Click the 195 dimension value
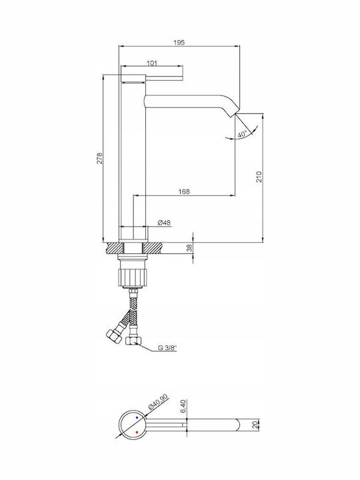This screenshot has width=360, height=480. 179,43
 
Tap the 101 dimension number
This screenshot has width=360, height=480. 152,63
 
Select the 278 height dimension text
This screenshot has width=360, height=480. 99,158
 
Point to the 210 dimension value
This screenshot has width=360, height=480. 259,177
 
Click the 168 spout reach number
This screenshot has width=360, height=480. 184,191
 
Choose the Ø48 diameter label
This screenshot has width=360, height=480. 164,223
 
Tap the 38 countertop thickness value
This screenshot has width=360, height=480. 190,247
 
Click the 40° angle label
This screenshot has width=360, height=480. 242,134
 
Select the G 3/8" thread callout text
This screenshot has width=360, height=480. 167,348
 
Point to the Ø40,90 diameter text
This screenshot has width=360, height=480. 158,402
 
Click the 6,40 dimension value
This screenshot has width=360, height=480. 183,407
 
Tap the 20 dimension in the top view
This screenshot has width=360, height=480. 254,425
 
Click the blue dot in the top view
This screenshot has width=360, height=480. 137,417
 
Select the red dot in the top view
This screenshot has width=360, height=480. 137,432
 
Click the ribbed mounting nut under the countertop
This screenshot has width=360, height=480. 133,276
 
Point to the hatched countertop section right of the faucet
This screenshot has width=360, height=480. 153,248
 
